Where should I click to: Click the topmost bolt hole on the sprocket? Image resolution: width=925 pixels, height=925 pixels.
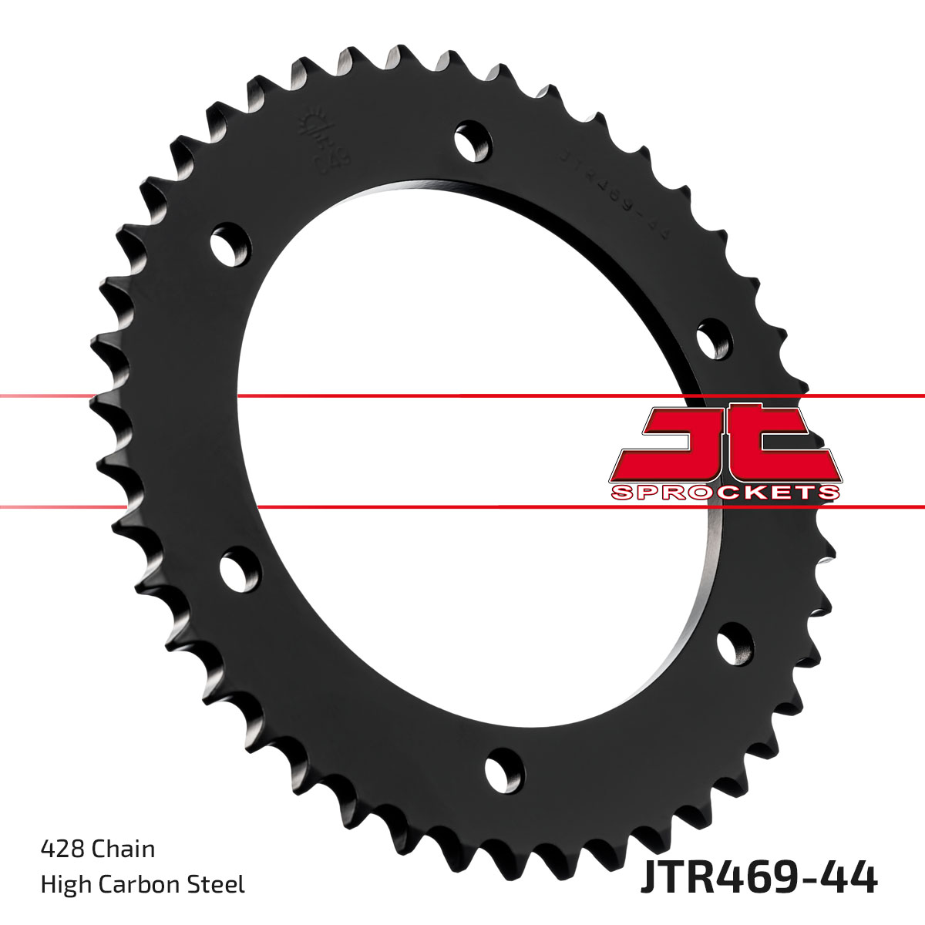point(473,141)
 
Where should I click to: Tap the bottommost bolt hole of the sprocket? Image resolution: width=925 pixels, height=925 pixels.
point(503,769)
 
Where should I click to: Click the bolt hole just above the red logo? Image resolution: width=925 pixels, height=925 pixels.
point(715,339)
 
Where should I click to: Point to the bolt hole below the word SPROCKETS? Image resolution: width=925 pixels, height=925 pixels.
point(736,645)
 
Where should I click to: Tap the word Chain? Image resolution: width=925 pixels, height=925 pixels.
point(123,849)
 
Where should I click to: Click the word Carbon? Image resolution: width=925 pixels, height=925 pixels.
point(141,884)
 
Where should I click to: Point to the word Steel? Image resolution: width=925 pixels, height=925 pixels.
point(220,884)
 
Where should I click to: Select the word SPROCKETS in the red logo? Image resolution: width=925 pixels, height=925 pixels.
point(725,492)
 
